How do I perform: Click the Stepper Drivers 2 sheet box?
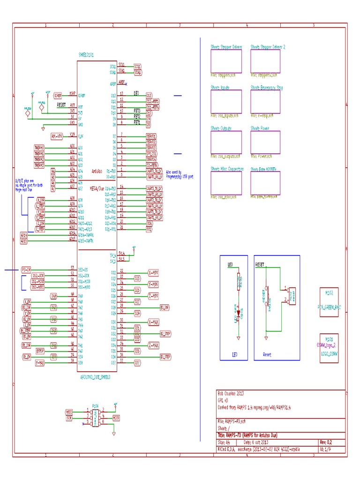coord(265,61)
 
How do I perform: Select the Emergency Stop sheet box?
coord(265,102)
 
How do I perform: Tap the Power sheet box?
coord(265,142)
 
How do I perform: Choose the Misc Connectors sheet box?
coord(226,183)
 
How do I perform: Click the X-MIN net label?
coord(153,272)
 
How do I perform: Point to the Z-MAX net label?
coord(153,345)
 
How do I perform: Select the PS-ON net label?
coord(26,270)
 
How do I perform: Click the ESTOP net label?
coord(40,351)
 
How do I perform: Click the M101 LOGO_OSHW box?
coord(329,347)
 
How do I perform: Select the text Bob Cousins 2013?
coord(231,393)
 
